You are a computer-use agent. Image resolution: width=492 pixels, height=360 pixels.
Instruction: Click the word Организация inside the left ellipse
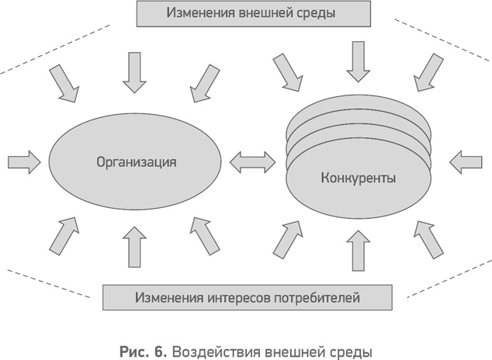tap(137, 163)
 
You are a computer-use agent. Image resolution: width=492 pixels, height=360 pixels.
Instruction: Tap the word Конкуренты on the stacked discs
tap(358, 178)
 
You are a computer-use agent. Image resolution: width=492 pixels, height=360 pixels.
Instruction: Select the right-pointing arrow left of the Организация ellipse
tap(23, 161)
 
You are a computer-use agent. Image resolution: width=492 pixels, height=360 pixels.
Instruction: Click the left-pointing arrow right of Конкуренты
tap(466, 161)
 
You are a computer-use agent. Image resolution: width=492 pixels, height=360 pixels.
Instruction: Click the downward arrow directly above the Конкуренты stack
tap(358, 60)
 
